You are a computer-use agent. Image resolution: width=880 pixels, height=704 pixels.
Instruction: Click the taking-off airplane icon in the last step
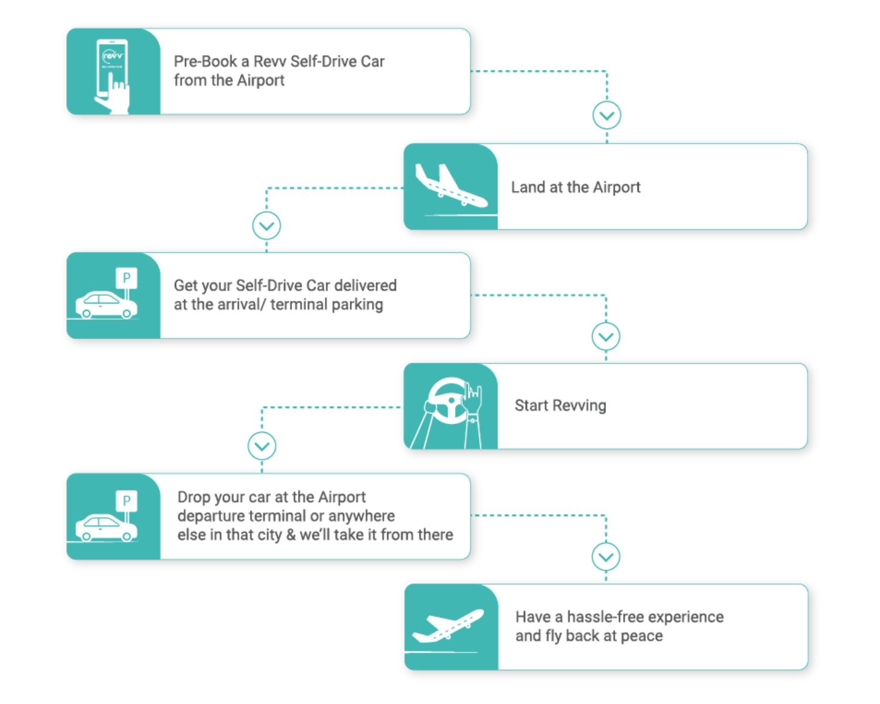click(x=448, y=625)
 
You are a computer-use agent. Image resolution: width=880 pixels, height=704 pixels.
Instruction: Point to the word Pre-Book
click(x=205, y=62)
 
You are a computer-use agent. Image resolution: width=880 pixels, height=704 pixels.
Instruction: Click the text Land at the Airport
click(x=576, y=187)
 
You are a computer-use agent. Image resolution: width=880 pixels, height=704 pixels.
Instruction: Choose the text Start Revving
click(x=560, y=405)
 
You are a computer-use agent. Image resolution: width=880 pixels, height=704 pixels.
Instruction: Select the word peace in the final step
click(x=641, y=636)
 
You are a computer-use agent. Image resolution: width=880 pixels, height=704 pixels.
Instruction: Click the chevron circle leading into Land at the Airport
click(x=607, y=116)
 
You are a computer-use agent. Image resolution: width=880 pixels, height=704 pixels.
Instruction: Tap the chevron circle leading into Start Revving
click(x=606, y=337)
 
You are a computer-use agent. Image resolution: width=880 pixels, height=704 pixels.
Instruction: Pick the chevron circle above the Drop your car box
click(x=262, y=446)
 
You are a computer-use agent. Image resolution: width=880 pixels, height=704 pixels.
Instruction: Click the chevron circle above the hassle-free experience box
click(x=606, y=557)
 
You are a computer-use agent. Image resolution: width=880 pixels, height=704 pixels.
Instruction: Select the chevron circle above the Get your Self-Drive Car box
click(x=266, y=226)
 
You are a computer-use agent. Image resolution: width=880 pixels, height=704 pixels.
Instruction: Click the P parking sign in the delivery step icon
click(x=126, y=277)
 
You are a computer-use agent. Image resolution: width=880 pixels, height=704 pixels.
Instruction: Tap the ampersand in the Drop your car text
click(x=290, y=535)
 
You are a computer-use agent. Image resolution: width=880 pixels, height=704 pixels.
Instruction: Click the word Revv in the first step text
click(x=270, y=62)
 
